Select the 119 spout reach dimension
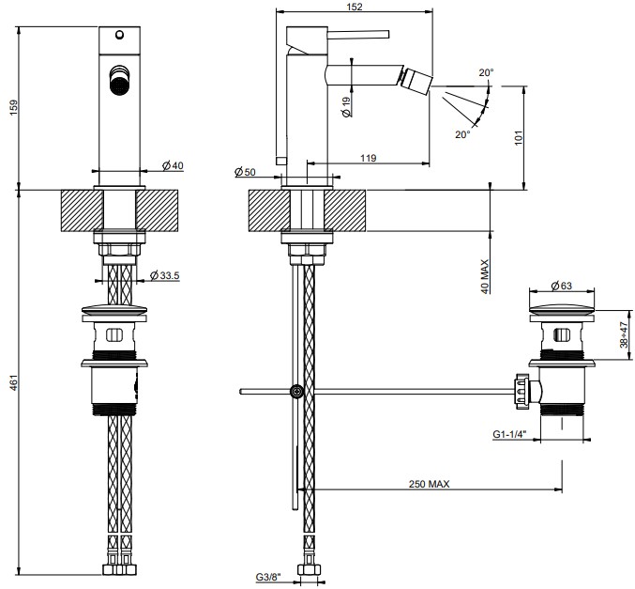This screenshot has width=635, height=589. tap(367, 159)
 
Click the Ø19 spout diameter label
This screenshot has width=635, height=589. tap(347, 107)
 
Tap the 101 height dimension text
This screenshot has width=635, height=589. tap(532, 136)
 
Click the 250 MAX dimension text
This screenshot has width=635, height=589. tap(430, 484)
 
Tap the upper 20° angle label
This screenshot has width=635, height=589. tap(484, 72)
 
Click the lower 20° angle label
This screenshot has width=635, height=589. tap(462, 135)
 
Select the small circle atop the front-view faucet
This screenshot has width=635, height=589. tap(119, 37)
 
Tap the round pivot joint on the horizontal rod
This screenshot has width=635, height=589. tap(297, 392)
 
